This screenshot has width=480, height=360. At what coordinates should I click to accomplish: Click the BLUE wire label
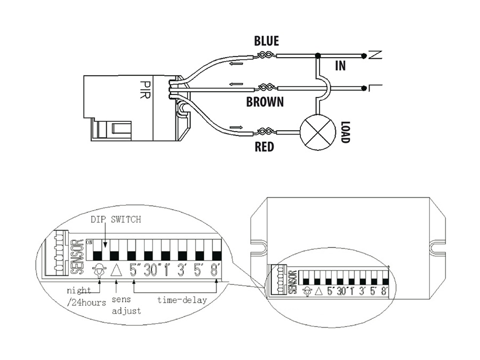[x=266, y=41]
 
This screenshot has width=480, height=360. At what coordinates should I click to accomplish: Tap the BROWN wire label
[x=265, y=102]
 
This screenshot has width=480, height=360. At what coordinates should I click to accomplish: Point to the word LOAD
[x=345, y=131]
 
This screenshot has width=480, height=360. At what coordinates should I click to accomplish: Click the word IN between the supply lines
[x=340, y=66]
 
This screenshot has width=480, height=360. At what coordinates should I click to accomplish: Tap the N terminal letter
[x=374, y=54]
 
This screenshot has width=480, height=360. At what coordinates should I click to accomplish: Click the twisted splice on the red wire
[x=265, y=131]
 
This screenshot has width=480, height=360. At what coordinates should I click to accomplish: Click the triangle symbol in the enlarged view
[x=116, y=269]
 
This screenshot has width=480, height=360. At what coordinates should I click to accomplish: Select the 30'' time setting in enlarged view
[x=153, y=270]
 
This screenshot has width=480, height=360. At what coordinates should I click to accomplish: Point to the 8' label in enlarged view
[x=215, y=270]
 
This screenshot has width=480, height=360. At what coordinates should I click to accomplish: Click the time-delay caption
[x=182, y=300]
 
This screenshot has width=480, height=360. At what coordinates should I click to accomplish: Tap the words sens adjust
[x=126, y=305]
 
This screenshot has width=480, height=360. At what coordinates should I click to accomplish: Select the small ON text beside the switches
[x=89, y=242]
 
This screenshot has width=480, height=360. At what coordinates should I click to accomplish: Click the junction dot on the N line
[x=318, y=55]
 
